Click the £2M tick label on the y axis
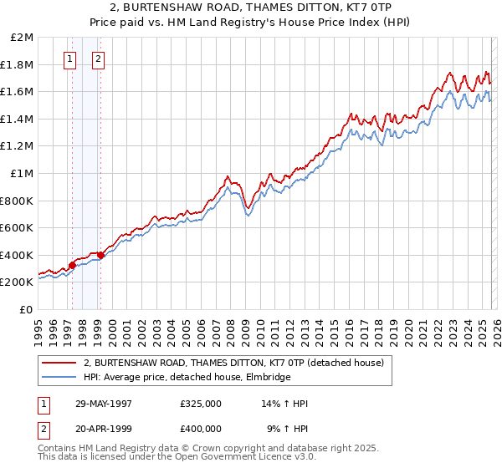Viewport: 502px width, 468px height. [23, 38]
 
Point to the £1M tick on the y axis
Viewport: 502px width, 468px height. [23, 173]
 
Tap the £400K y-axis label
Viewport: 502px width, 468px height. [18, 255]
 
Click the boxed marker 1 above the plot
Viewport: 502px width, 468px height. [69, 58]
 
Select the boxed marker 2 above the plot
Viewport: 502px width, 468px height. [99, 58]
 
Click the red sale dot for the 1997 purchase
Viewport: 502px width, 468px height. [73, 265]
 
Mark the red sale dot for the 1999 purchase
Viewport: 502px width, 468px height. [101, 255]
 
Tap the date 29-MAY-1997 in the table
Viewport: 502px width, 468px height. [104, 404]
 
